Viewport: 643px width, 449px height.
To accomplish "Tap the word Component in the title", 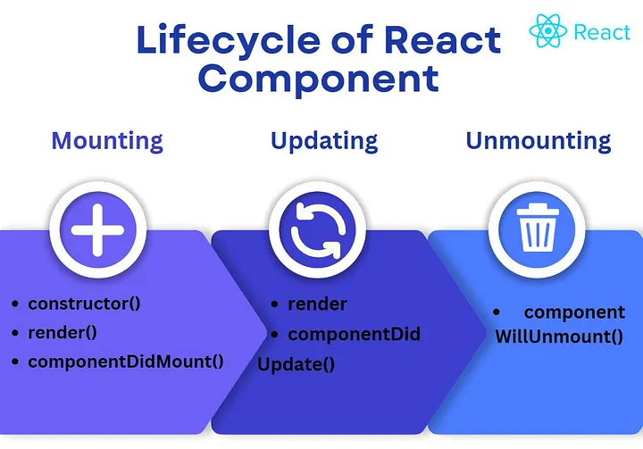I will [319, 79].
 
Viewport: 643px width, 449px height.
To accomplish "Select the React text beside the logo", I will [602, 32].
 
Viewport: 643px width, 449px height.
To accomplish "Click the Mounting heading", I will [107, 141].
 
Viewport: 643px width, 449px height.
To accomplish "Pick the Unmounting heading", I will [539, 141].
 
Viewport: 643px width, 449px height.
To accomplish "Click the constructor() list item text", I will [85, 303].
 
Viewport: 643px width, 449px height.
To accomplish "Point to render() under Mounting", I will [63, 332].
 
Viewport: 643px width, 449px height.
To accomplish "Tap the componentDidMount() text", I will [126, 362].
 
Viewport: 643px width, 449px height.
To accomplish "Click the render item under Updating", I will [317, 304].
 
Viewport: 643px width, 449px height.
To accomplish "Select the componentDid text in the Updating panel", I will [354, 335].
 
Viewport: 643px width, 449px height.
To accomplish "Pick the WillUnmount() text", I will [547, 337].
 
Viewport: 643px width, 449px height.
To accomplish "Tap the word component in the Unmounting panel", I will [574, 312].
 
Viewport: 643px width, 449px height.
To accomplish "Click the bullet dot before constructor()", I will [15, 304].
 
